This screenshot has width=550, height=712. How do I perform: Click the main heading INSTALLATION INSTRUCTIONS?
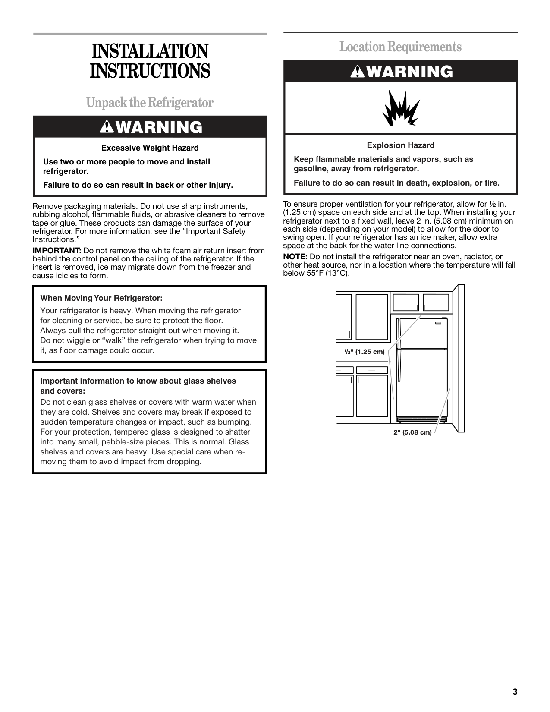coord(150,61)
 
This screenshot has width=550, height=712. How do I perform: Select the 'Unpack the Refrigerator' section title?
coord(150,103)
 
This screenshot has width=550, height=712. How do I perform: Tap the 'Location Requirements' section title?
coord(400,47)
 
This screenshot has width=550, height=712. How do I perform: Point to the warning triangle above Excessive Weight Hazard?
coord(106,127)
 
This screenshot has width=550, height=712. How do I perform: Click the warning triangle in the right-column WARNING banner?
coord(357,72)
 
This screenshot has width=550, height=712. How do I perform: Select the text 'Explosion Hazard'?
coord(400,145)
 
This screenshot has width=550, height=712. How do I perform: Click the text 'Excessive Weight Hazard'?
coord(150,148)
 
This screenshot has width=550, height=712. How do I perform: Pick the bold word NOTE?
coord(295,257)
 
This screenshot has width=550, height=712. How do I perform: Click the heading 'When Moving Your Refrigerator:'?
coord(101,298)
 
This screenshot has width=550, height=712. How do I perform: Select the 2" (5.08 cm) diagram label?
coord(412,432)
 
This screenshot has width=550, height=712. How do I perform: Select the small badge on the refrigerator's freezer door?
coord(439,323)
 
